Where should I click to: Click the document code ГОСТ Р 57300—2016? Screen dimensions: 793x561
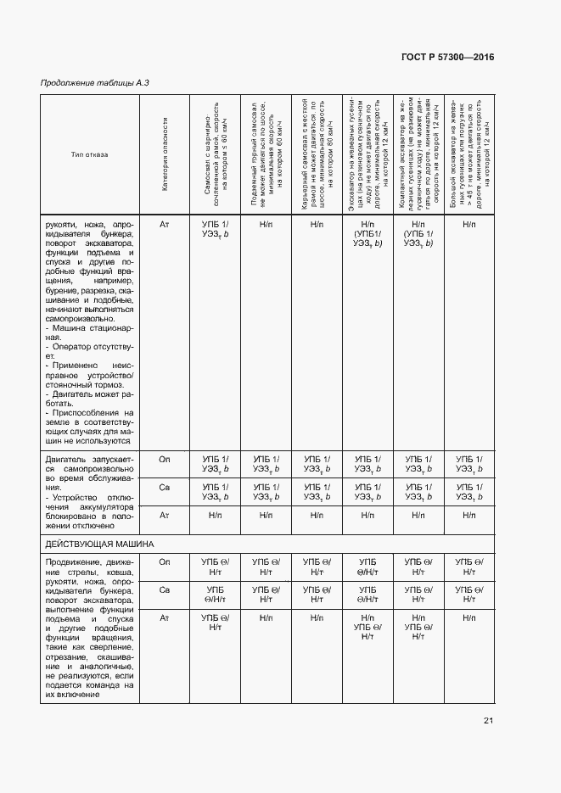[446, 57]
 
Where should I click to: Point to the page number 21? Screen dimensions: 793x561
[488, 722]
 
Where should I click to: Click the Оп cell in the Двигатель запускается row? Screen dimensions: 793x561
[165, 459]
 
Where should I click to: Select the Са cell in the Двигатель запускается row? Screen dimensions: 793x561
[165, 487]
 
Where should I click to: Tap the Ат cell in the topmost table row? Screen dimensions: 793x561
[165, 224]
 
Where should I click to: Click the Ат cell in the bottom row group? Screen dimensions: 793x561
[165, 618]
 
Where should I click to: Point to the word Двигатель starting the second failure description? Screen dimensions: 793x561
[63, 459]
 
